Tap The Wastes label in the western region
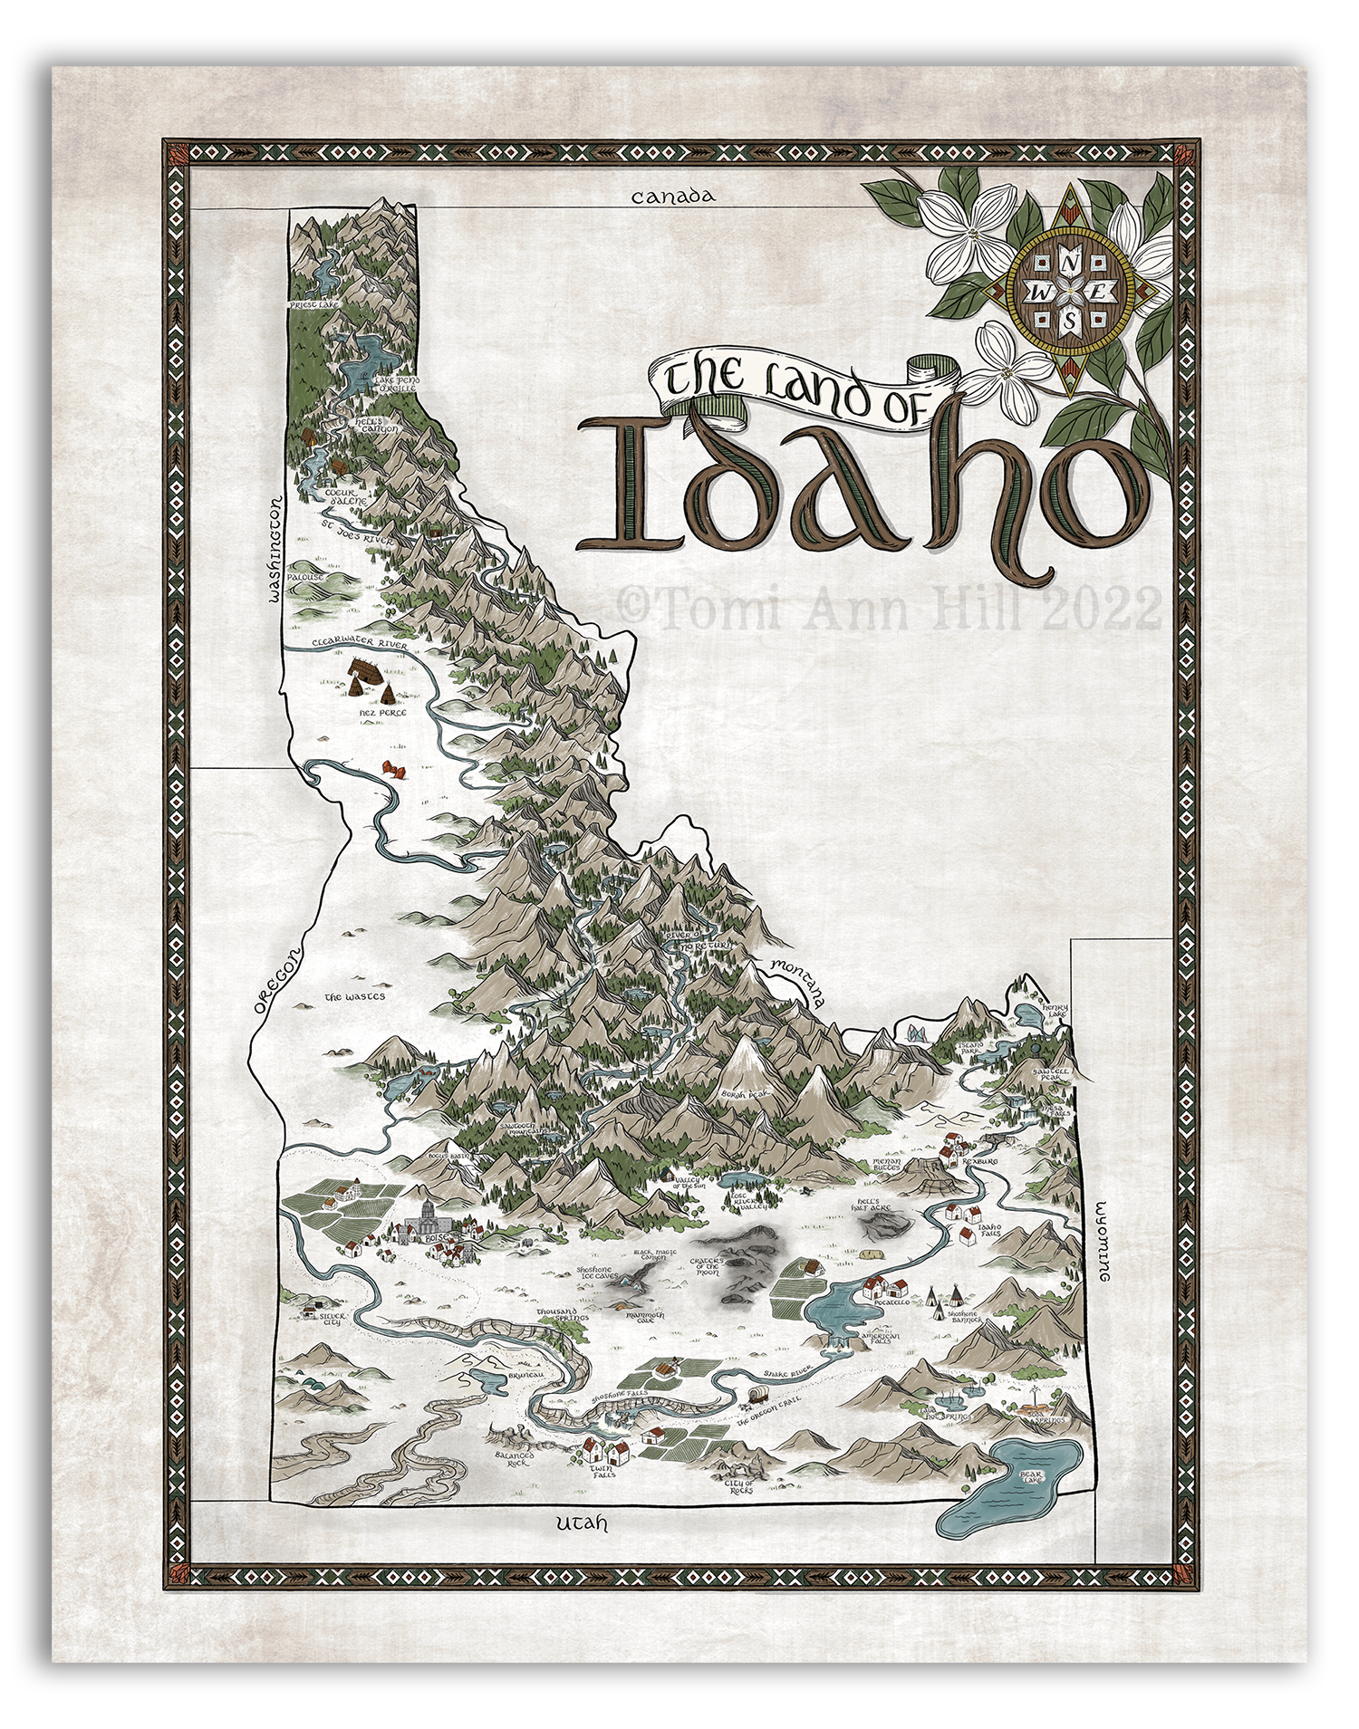coord(354,996)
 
